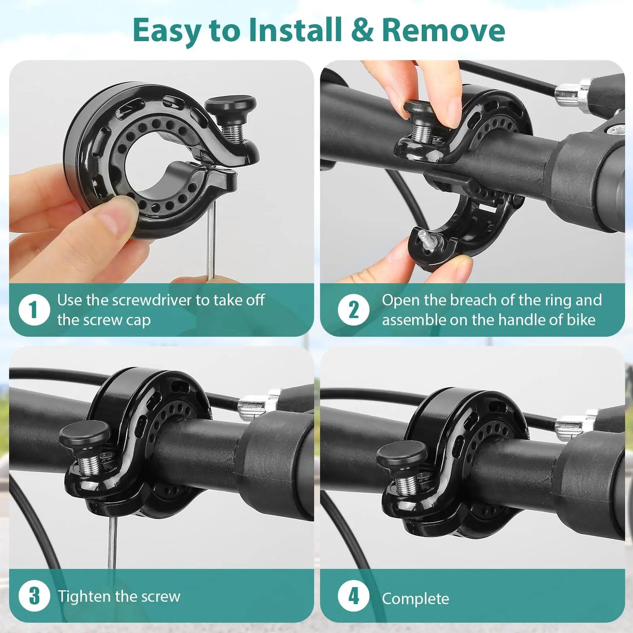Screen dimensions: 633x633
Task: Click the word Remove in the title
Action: [443, 30]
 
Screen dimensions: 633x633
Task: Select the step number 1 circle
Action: [34, 310]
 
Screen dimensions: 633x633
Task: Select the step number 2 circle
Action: [353, 310]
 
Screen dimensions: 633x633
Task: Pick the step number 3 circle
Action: [34, 596]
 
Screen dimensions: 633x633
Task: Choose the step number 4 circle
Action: [353, 596]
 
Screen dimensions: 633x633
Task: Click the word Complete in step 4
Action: [415, 598]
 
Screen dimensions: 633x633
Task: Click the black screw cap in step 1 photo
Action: [230, 106]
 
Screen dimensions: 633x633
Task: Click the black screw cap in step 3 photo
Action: [84, 435]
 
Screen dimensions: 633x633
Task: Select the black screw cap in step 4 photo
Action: [401, 453]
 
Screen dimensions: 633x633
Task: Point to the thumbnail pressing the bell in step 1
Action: [115, 213]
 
